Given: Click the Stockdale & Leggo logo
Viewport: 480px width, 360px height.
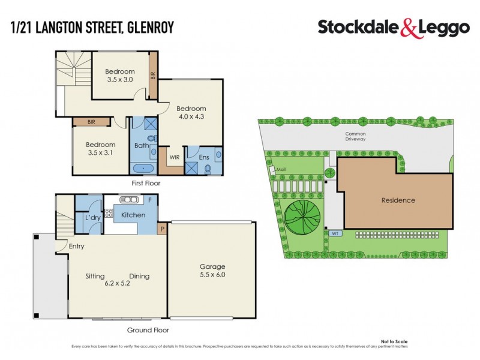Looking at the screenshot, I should coord(393,27).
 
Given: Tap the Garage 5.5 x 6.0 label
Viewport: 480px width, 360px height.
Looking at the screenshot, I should coord(212,271).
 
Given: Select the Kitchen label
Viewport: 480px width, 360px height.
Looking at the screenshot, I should coord(133,215).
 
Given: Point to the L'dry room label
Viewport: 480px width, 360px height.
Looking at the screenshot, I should coord(92,217).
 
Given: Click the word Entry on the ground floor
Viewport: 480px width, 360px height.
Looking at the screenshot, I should coord(76,246).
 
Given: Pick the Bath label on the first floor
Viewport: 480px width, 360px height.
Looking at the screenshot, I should coord(141,145).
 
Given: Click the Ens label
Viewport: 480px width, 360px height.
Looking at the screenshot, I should coord(203,157).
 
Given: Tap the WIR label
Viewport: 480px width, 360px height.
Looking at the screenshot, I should coord(175,157).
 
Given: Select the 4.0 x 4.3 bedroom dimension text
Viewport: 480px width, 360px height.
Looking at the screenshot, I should coord(191,116).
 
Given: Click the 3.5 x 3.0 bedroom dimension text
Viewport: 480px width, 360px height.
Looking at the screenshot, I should coord(119,79).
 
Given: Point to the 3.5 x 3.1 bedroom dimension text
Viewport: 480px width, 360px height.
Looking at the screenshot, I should coord(100,152).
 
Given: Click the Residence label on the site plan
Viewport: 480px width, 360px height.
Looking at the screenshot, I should coord(398,200).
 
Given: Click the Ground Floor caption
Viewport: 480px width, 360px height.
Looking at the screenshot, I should coord(148,330).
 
